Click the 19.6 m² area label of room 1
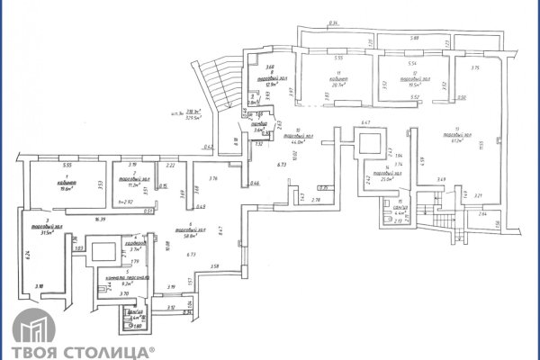click(x=65, y=190)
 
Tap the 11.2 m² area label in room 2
click(x=132, y=184)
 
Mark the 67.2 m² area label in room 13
click(x=459, y=140)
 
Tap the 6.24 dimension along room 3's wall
click(x=28, y=255)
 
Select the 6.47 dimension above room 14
click(x=366, y=121)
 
